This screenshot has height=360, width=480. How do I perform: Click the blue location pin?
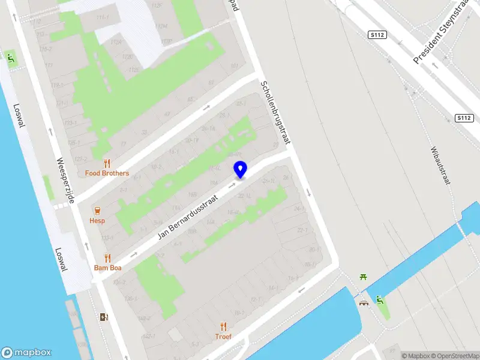click(240, 170)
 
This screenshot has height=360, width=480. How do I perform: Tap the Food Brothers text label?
click(107, 173)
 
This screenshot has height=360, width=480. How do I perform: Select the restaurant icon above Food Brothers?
click(107, 163)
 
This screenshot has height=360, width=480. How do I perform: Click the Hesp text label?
click(97, 220)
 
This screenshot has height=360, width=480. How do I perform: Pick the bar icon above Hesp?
click(97, 210)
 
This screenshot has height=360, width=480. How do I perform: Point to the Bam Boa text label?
click(107, 268)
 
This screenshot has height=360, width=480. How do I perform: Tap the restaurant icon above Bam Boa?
click(107, 258)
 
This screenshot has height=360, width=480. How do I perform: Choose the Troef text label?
click(223, 337)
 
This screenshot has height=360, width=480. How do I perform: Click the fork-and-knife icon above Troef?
click(223, 326)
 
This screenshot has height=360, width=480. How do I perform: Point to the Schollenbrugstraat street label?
click(275, 113)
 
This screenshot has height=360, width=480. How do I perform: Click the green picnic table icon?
click(363, 277)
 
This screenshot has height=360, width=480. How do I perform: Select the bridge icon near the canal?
click(364, 303)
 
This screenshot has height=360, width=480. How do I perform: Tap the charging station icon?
click(104, 317)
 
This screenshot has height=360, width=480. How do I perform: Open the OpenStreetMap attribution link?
click(454, 356)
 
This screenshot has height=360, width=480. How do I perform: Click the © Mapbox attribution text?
click(415, 356)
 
